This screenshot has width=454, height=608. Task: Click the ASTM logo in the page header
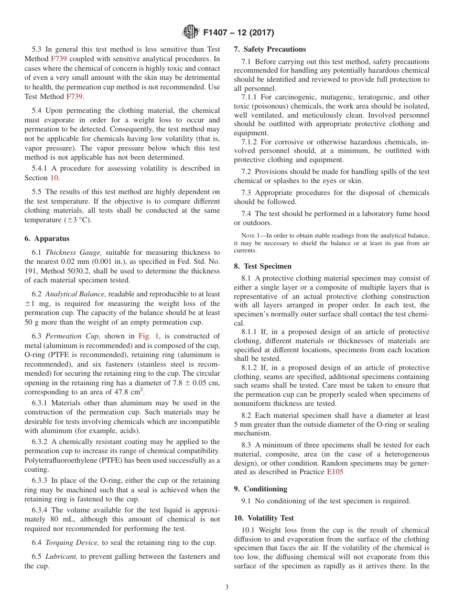coord(191,33)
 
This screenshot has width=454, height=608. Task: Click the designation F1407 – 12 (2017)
coord(238,33)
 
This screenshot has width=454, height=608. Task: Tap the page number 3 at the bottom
coord(227,587)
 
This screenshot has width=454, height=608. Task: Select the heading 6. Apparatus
coord(47,239)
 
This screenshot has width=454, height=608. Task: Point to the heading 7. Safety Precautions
coord(270,49)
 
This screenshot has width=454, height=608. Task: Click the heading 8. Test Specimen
coord(262,266)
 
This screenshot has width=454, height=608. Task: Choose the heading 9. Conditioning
coord(260,489)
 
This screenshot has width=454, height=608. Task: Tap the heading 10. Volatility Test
coord(264,518)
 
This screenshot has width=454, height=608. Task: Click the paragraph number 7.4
coord(247,214)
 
